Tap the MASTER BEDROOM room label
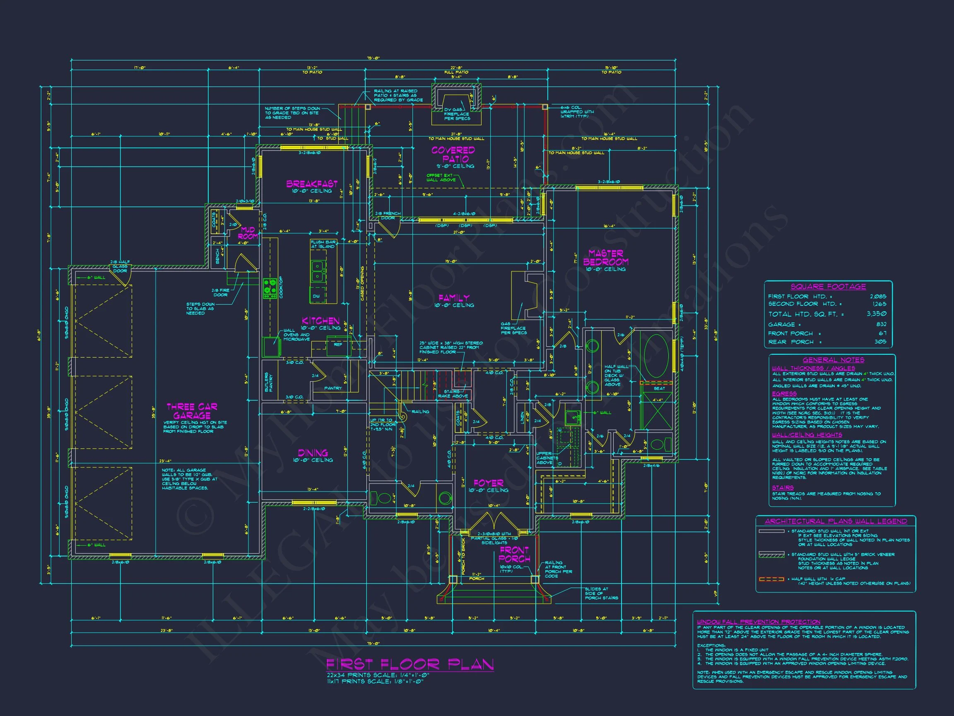(x=605, y=258)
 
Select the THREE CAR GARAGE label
(x=192, y=411)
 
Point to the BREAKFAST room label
(x=312, y=184)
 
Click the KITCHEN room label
(x=320, y=321)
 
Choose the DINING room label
(x=313, y=453)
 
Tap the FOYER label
(x=488, y=483)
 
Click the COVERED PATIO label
(x=453, y=154)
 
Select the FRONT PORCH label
(x=514, y=554)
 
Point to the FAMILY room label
(x=454, y=298)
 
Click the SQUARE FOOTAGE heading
(x=828, y=287)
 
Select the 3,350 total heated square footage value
(x=877, y=314)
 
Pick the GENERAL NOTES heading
(x=833, y=360)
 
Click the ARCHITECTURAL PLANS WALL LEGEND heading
(x=836, y=521)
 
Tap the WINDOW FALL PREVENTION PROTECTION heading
(x=759, y=622)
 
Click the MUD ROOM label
(x=248, y=233)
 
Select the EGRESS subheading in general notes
(x=784, y=394)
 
